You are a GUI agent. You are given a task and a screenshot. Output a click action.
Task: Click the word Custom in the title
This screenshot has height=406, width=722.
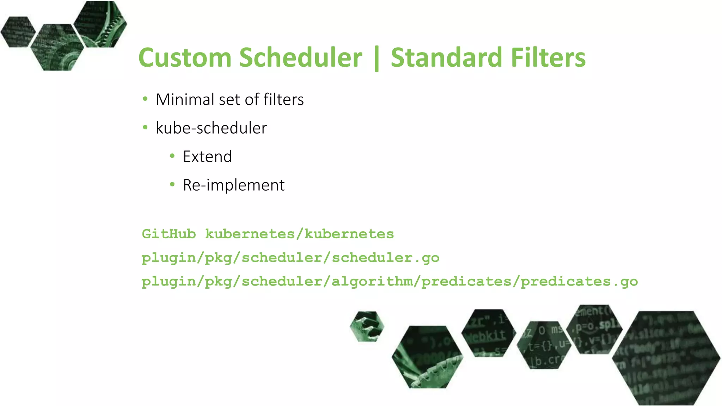[x=185, y=58]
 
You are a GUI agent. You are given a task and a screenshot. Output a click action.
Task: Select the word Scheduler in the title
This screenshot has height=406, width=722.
[x=300, y=58]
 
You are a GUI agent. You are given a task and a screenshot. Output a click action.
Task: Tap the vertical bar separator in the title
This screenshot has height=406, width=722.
[x=377, y=59]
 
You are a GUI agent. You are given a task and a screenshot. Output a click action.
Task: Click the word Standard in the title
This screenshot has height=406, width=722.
[x=446, y=58]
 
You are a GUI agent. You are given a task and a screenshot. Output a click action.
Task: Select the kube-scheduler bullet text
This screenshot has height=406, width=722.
[x=211, y=128]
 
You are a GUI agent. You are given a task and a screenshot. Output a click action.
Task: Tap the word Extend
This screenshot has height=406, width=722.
[x=207, y=157]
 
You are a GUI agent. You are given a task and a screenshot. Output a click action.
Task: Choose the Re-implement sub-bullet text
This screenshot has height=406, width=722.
[x=233, y=185]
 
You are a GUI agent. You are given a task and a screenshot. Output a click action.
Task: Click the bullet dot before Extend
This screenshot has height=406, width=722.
[x=172, y=156]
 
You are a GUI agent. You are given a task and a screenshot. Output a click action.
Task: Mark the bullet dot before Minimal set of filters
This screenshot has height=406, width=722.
[x=145, y=99]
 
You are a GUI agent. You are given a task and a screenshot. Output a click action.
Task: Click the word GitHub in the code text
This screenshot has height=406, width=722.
[x=169, y=234]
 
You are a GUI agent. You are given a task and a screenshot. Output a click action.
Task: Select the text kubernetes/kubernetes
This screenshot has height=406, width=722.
[x=299, y=234]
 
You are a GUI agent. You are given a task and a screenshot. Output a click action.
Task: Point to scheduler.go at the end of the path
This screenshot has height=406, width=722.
[x=385, y=258]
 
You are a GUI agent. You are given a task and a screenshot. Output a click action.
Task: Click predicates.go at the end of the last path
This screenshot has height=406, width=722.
[x=579, y=282]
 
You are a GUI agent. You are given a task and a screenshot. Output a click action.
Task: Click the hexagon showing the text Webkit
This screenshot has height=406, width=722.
[x=488, y=333]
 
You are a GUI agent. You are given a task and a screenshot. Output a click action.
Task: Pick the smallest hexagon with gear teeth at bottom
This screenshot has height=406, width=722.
[x=367, y=326]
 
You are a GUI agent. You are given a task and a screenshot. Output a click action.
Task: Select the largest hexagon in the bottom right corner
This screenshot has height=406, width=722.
[x=666, y=358]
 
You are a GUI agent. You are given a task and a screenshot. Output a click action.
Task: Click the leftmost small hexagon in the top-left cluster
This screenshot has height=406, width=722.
[x=18, y=32]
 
